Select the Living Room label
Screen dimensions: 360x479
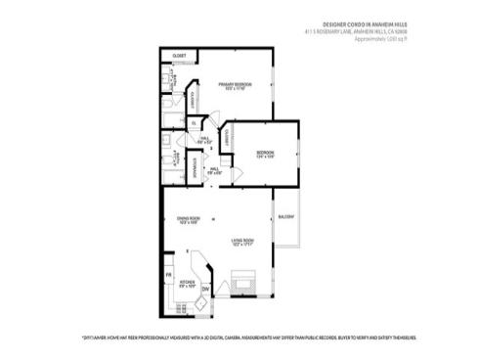[x=242, y=240]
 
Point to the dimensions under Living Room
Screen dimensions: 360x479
[x=242, y=245]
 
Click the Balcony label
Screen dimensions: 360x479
[x=286, y=216]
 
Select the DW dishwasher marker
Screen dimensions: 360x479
[x=206, y=291]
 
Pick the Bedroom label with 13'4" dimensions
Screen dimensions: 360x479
[x=265, y=153]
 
